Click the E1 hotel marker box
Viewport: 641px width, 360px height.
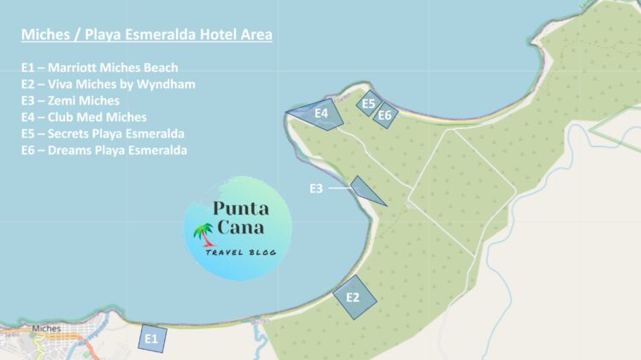[151, 339]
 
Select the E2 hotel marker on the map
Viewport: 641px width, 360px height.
[353, 297]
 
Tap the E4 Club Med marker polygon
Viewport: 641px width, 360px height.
[321, 114]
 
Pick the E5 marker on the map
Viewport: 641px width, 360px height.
[368, 103]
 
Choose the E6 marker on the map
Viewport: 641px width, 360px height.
[385, 115]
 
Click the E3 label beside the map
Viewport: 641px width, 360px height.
[317, 188]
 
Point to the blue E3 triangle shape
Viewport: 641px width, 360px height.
[365, 190]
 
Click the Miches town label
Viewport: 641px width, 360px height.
[45, 328]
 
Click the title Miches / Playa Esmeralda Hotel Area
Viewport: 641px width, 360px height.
[147, 36]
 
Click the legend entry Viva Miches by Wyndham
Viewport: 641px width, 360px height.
[109, 84]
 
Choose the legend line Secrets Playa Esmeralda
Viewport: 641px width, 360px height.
[103, 134]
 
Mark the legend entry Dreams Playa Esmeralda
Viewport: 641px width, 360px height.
[105, 150]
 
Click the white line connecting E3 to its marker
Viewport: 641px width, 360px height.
[339, 187]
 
